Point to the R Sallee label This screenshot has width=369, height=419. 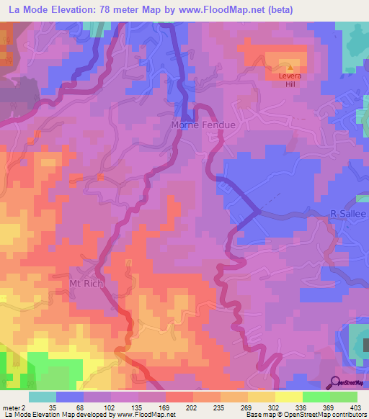[x=348, y=215]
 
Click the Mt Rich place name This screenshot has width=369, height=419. [x=87, y=283]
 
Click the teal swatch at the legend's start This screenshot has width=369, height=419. [x=43, y=397]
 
